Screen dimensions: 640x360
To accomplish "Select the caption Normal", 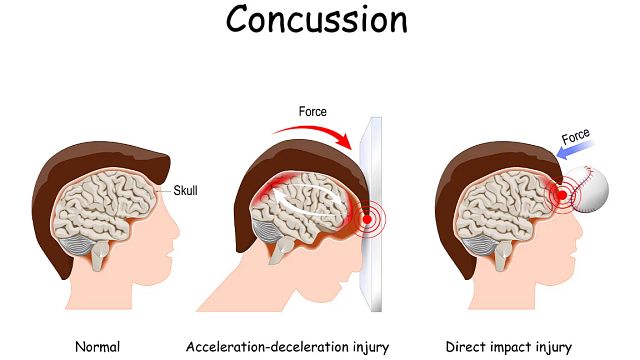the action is (98, 347).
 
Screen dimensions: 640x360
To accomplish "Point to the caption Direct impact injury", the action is (511, 347).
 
